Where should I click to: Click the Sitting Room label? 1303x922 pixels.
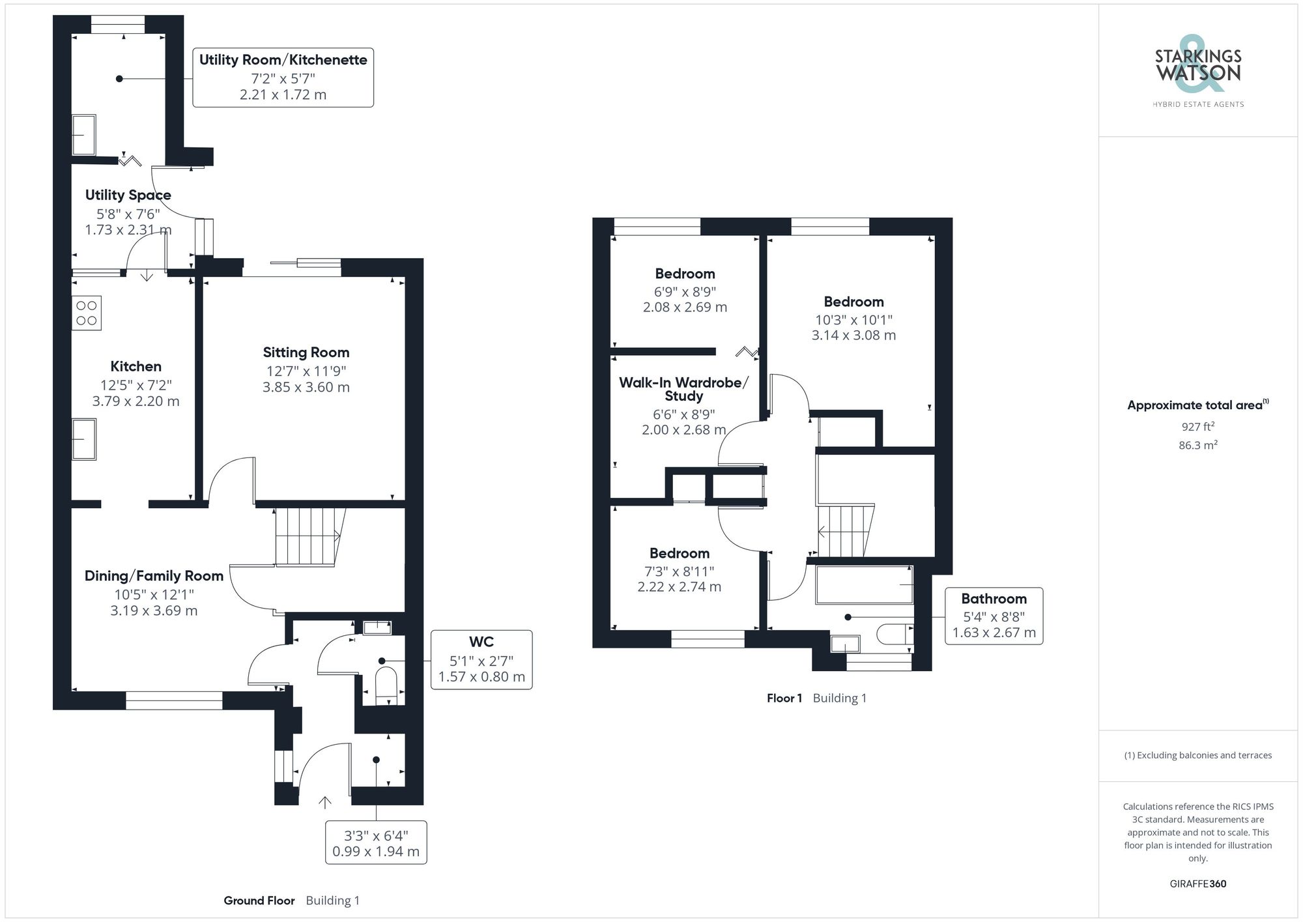point(306,353)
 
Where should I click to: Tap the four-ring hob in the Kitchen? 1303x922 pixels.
point(87,313)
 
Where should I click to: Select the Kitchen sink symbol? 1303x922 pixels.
point(84,439)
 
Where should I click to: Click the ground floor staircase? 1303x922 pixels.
point(307,536)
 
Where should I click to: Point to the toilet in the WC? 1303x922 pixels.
point(386,681)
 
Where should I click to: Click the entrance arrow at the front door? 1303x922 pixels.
point(324,802)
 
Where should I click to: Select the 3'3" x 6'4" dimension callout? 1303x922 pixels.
point(376,843)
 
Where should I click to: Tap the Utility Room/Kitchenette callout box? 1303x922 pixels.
point(283,77)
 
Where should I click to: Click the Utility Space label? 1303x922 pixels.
point(128,195)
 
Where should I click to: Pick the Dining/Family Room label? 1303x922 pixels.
point(154,576)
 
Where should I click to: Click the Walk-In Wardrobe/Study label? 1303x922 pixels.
point(683,389)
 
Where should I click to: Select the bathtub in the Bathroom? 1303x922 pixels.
point(864,584)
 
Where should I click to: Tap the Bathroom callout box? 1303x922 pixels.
point(994,616)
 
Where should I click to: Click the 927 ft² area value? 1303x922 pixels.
point(1197,427)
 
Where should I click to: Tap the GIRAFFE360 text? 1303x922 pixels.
point(1197,884)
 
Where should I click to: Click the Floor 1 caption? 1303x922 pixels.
point(784,698)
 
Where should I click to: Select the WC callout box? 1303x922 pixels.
point(481,659)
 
